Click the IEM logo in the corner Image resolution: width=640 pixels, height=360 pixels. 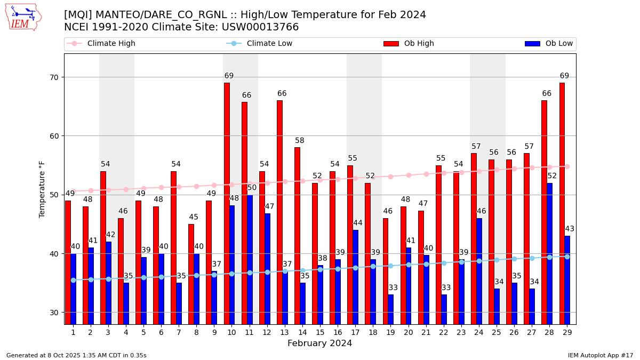click(23, 17)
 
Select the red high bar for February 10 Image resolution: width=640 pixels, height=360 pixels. click(227, 203)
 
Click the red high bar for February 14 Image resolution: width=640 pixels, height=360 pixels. click(297, 235)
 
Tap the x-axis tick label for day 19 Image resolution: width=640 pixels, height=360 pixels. click(390, 332)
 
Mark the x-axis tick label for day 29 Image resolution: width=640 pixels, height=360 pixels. click(567, 332)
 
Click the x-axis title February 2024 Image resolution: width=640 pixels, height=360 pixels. click(319, 343)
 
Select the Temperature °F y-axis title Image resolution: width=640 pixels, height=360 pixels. click(42, 189)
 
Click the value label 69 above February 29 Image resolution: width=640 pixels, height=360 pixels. click(564, 76)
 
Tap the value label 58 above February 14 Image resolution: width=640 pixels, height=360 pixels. click(300, 141)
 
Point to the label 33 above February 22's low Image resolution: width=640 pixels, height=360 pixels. click(446, 288)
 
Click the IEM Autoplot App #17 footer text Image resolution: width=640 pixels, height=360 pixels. click(601, 355)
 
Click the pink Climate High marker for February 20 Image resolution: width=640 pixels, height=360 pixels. click(409, 175)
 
